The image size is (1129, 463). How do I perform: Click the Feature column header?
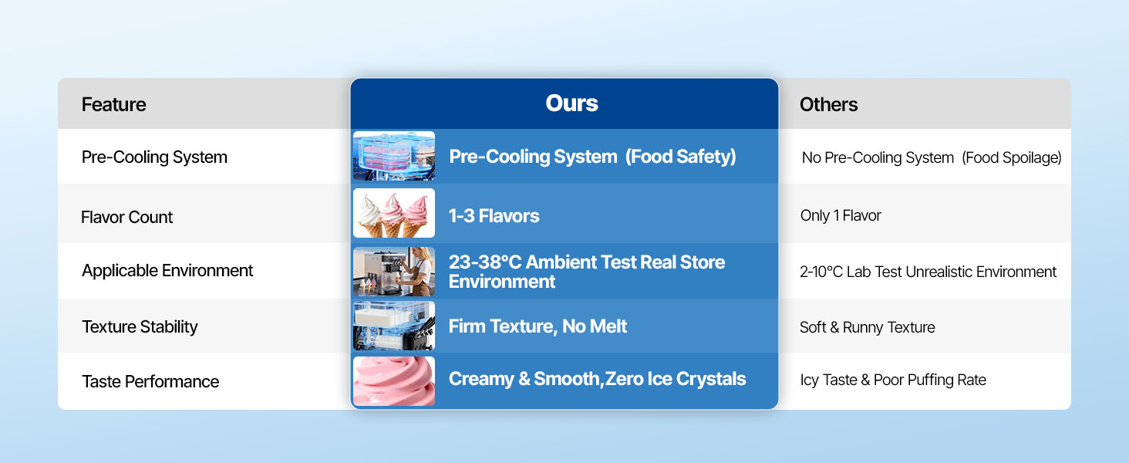[x=114, y=104]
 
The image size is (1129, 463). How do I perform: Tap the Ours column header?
[x=571, y=103]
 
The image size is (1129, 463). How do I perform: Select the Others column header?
[x=828, y=104]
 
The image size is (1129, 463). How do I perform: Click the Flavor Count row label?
[x=126, y=217]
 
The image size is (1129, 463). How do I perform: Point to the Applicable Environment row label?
[x=167, y=271]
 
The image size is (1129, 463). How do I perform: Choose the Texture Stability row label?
[x=140, y=327]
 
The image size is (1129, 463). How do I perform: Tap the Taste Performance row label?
[x=150, y=381]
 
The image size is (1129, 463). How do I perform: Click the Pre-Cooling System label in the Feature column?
[x=154, y=157]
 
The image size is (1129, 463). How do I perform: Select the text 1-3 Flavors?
[x=494, y=216]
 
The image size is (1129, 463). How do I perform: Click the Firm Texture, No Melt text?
[x=538, y=326]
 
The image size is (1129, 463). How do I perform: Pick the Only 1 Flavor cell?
[x=841, y=215]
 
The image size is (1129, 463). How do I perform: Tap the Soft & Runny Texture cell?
[x=868, y=327]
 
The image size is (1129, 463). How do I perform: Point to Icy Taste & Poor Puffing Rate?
[x=893, y=380]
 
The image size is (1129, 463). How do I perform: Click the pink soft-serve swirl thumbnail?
[x=394, y=381]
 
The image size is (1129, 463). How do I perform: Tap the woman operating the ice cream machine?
[x=418, y=272]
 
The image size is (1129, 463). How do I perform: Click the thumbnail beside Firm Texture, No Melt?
[x=394, y=326]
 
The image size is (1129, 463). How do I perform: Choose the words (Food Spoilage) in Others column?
[x=1012, y=158]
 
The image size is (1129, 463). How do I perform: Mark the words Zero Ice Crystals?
[x=676, y=379]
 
